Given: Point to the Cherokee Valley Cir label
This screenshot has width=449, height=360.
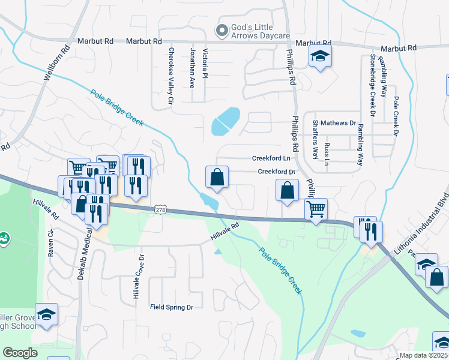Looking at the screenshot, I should [x=171, y=77].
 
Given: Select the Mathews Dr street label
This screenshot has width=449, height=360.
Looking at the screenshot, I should [x=338, y=123].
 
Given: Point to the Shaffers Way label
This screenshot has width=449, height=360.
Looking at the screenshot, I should [x=315, y=140].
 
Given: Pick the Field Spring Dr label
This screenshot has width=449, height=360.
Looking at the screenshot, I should [x=171, y=307].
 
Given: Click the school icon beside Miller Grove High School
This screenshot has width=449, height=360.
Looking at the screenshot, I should [x=45, y=314].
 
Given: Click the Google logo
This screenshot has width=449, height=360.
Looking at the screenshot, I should [x=20, y=353].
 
